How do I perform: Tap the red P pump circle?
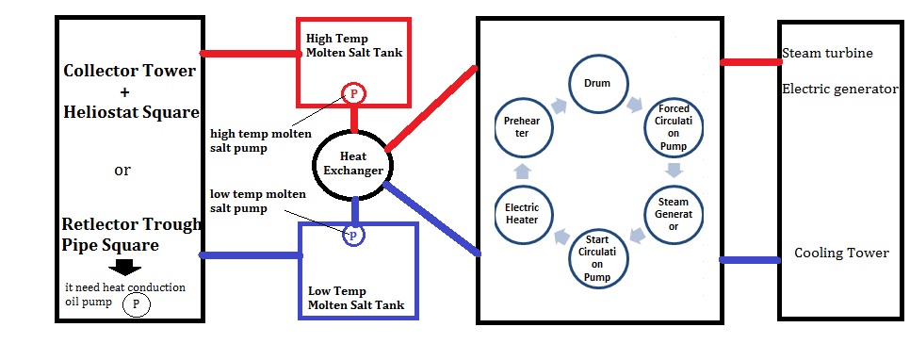[x=353, y=93]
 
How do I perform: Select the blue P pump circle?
[x=353, y=236]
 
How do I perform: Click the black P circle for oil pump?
[x=137, y=304]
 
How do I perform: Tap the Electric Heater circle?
[x=521, y=214]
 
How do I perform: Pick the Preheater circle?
[x=521, y=127]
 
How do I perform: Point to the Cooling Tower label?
[x=841, y=253]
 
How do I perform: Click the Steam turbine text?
[x=827, y=53]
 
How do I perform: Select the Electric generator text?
[x=839, y=90]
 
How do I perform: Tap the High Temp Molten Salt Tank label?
[x=353, y=45]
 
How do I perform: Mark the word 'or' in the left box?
[x=122, y=171]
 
